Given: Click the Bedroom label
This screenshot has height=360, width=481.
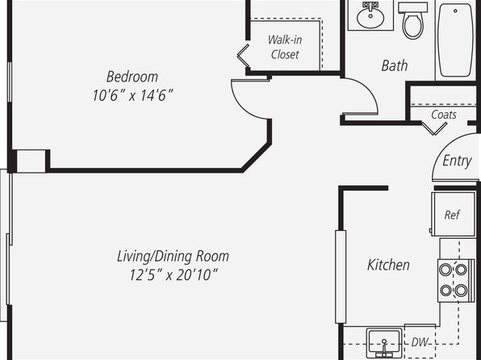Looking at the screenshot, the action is (132, 77).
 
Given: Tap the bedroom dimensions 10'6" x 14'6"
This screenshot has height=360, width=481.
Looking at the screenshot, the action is (132, 95).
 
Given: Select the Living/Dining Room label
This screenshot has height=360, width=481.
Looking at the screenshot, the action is (173, 256).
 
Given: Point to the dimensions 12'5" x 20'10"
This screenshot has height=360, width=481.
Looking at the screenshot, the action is (174, 274).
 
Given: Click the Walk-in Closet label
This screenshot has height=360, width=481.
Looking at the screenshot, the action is (285, 47).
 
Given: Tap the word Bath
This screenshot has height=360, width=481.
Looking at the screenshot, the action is (395, 65).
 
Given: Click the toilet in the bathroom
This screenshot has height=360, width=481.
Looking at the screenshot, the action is (413, 20).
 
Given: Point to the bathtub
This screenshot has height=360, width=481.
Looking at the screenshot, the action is (455, 40).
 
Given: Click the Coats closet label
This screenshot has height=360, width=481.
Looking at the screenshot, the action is (444, 115).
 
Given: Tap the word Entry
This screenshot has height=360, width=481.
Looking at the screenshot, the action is (457, 161).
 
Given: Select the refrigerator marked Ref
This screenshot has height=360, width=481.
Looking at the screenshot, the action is (454, 214).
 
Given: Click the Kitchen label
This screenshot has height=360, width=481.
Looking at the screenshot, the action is (388, 265).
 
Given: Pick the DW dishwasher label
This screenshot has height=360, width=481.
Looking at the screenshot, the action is (420, 342).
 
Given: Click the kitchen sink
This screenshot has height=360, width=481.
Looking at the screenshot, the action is (384, 343).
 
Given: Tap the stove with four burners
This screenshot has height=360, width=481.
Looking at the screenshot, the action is (453, 280).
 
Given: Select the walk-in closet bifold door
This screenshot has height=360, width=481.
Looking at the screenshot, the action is (243, 56).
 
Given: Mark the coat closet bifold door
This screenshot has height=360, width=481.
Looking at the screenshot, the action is (434, 128).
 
